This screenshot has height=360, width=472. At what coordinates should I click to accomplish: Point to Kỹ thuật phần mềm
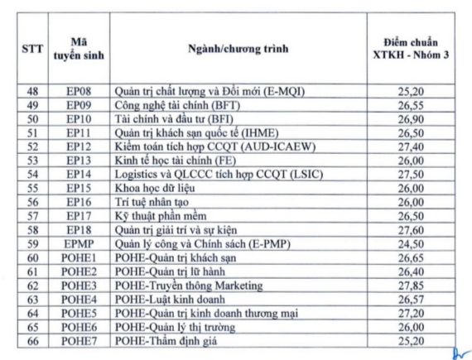[x=161, y=216]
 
